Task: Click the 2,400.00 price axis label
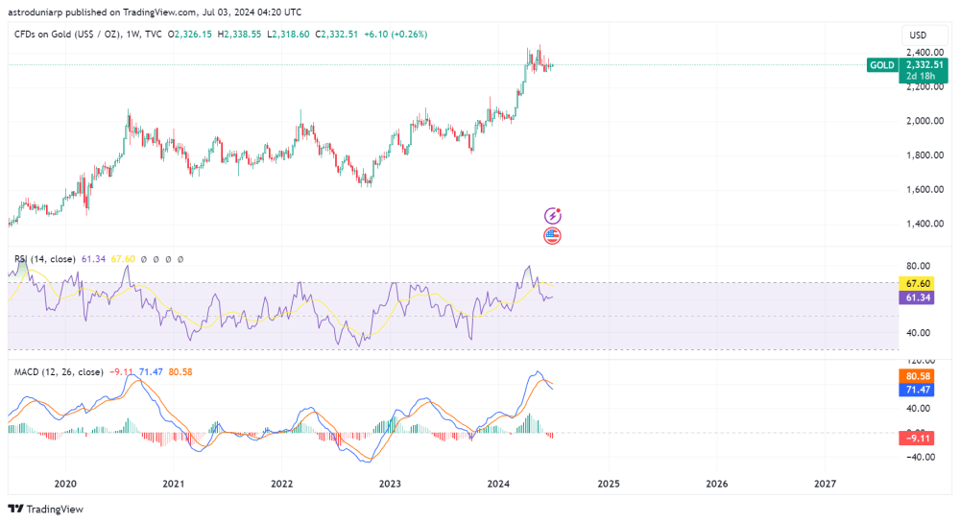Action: pyautogui.click(x=921, y=52)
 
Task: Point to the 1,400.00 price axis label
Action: pyautogui.click(x=921, y=224)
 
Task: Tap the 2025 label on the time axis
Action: pyautogui.click(x=607, y=484)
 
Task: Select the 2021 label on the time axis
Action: pyautogui.click(x=173, y=484)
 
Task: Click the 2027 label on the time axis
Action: pyautogui.click(x=825, y=484)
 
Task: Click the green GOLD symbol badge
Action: pyautogui.click(x=881, y=65)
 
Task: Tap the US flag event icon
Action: pyautogui.click(x=552, y=235)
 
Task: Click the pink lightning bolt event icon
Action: pyautogui.click(x=552, y=216)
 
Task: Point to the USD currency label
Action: pyautogui.click(x=919, y=36)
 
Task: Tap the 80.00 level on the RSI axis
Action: pyautogui.click(x=918, y=266)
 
